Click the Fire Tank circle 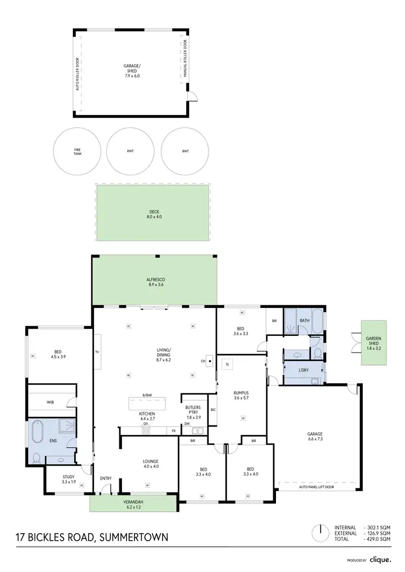click(x=77, y=151)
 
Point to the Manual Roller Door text click(x=185, y=59)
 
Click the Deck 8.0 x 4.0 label click(x=154, y=213)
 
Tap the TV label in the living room click(x=97, y=352)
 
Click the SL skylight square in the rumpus click(x=228, y=363)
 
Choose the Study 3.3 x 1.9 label click(x=68, y=479)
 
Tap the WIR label click(x=50, y=402)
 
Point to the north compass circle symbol click(x=320, y=532)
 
